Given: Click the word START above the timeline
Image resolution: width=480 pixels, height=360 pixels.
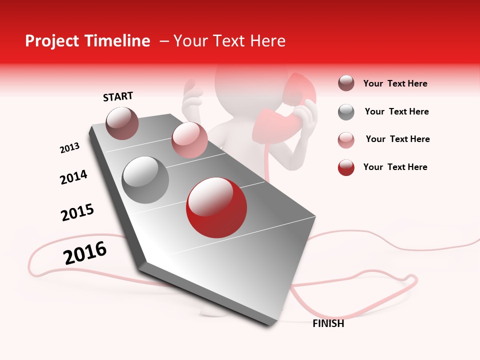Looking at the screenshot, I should pos(118,96).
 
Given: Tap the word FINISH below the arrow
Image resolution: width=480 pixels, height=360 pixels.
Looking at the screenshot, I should pos(328,323).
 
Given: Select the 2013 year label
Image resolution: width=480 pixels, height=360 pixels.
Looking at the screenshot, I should pos(69,148).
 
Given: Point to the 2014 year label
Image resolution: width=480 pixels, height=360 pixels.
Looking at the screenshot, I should pos(74,177).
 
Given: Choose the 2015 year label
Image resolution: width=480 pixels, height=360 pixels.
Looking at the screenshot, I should pos(77,212).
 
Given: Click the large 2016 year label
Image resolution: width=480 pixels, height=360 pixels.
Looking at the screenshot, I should pos(85,253).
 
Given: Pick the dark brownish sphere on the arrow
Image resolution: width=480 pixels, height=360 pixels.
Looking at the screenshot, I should pos(122,123).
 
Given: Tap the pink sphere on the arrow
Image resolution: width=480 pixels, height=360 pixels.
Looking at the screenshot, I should pos(189,140).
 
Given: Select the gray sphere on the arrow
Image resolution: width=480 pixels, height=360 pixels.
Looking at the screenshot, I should pos(145,180).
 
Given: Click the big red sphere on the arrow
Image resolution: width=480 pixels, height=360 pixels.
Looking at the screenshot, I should pos(216,207).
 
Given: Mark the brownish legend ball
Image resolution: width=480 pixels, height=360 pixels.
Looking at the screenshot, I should pos(346,83).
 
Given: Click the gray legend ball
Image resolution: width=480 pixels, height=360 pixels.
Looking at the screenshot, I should pos(346,112).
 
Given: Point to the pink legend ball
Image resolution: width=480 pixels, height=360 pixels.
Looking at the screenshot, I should pos(346,140).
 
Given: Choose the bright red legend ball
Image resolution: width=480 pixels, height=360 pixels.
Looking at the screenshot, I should pos(346,167).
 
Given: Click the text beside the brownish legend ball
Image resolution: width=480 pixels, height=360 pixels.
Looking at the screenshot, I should pos(395,83).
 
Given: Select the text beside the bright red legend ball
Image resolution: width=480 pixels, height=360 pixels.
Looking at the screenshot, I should pos(395,167).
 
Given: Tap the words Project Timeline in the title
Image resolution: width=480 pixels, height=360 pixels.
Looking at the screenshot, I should pos(87,41).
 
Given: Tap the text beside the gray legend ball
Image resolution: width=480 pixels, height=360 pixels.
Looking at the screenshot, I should pos(396,111).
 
